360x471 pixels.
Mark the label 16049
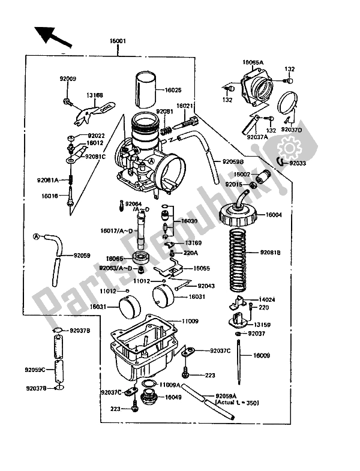[174, 397]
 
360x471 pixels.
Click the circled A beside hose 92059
[36, 236]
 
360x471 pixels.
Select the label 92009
[67, 78]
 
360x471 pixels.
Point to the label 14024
[267, 298]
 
